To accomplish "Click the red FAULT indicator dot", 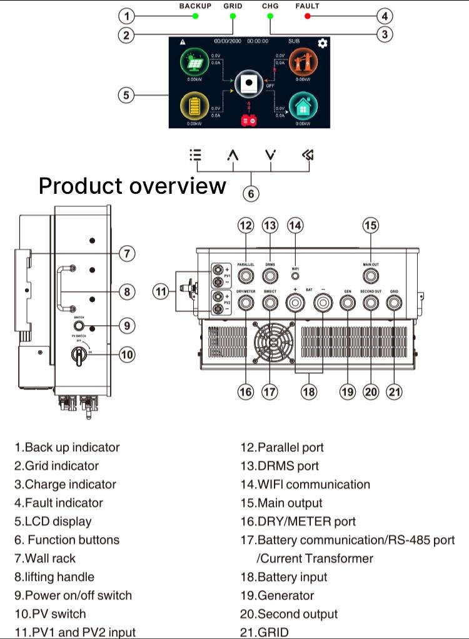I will (x=308, y=16).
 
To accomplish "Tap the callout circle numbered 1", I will (x=127, y=16).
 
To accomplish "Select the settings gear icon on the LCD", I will (x=323, y=43).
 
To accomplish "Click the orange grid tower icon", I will (x=303, y=63).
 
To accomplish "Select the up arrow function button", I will (x=233, y=156).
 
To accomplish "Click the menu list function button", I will (x=196, y=155).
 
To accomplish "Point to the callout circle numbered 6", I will (x=251, y=193).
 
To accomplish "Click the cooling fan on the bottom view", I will (x=273, y=342).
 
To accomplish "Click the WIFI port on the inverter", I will (x=295, y=275).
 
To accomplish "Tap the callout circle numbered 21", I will (x=394, y=391).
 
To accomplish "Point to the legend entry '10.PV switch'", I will (x=50, y=613).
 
